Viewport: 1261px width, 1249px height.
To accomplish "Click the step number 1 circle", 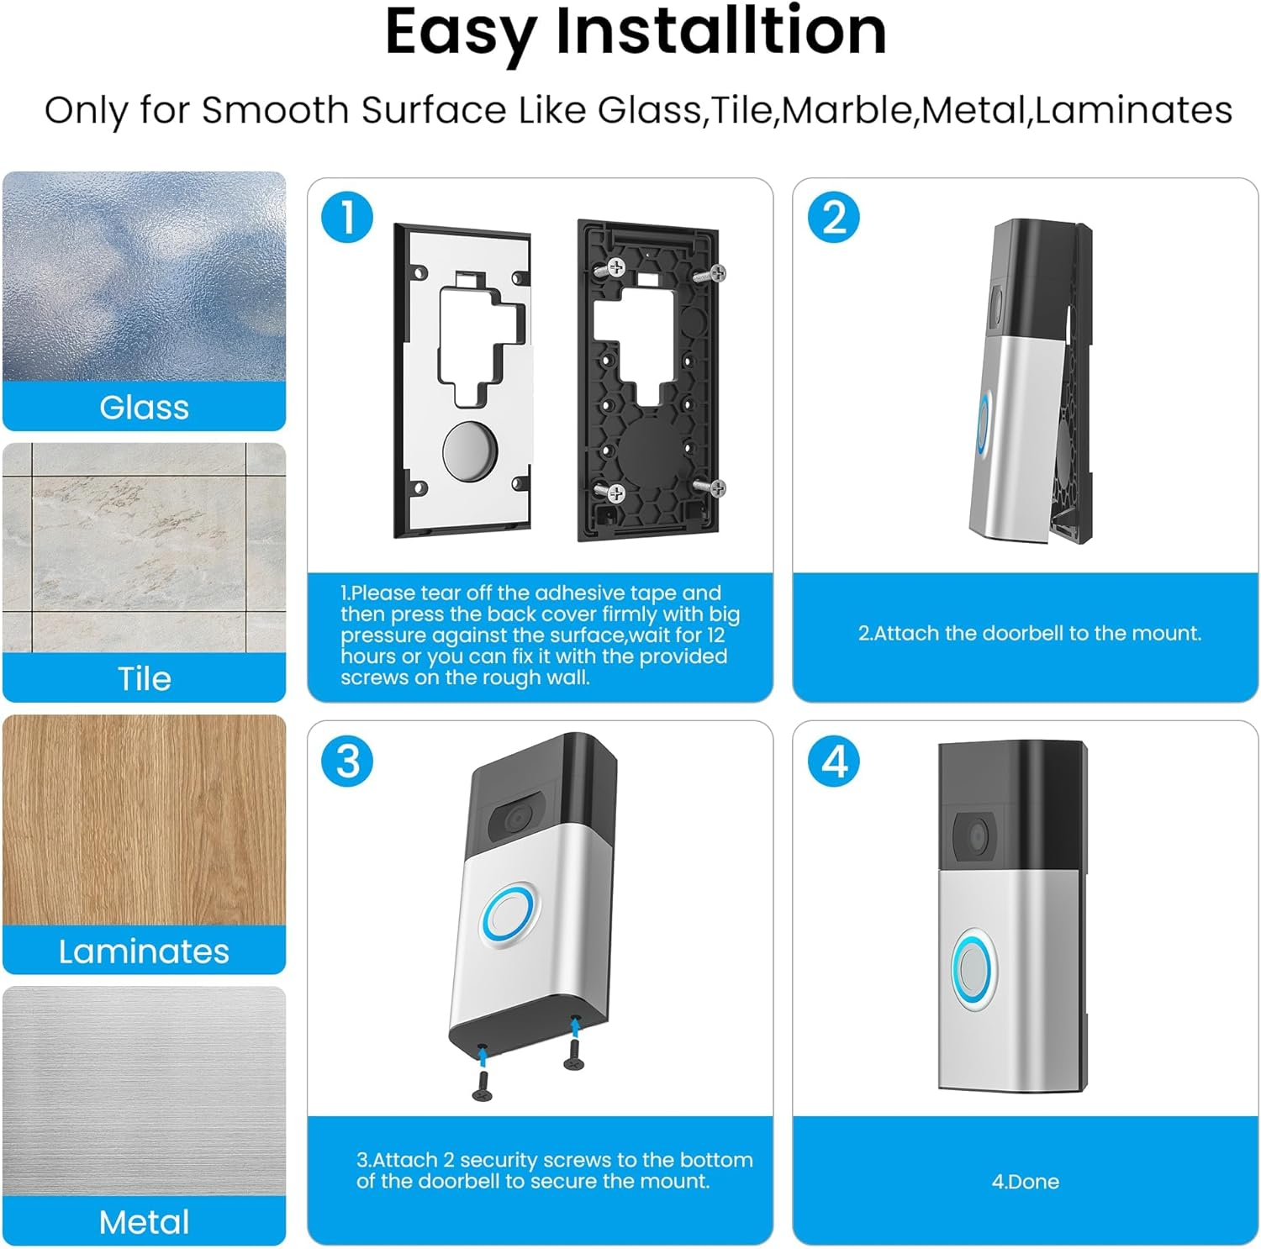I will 347,217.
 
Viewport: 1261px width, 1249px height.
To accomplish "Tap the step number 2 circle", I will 833,217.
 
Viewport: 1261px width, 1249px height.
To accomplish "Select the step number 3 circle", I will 347,762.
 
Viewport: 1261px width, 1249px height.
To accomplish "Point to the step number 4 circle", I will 833,762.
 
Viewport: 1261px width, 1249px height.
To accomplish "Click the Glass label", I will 144,408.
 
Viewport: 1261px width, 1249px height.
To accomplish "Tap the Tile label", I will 144,679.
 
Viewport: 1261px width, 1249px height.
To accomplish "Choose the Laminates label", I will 144,951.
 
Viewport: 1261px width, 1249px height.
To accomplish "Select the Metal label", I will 144,1222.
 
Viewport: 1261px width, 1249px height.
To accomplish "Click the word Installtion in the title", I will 720,32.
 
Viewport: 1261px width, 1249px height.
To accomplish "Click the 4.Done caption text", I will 1025,1182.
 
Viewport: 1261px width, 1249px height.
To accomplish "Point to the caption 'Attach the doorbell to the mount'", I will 1029,633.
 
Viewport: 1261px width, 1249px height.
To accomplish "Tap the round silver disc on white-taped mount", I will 470,451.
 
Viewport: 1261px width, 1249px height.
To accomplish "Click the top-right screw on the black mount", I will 715,272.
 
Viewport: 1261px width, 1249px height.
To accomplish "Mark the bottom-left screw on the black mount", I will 615,493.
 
